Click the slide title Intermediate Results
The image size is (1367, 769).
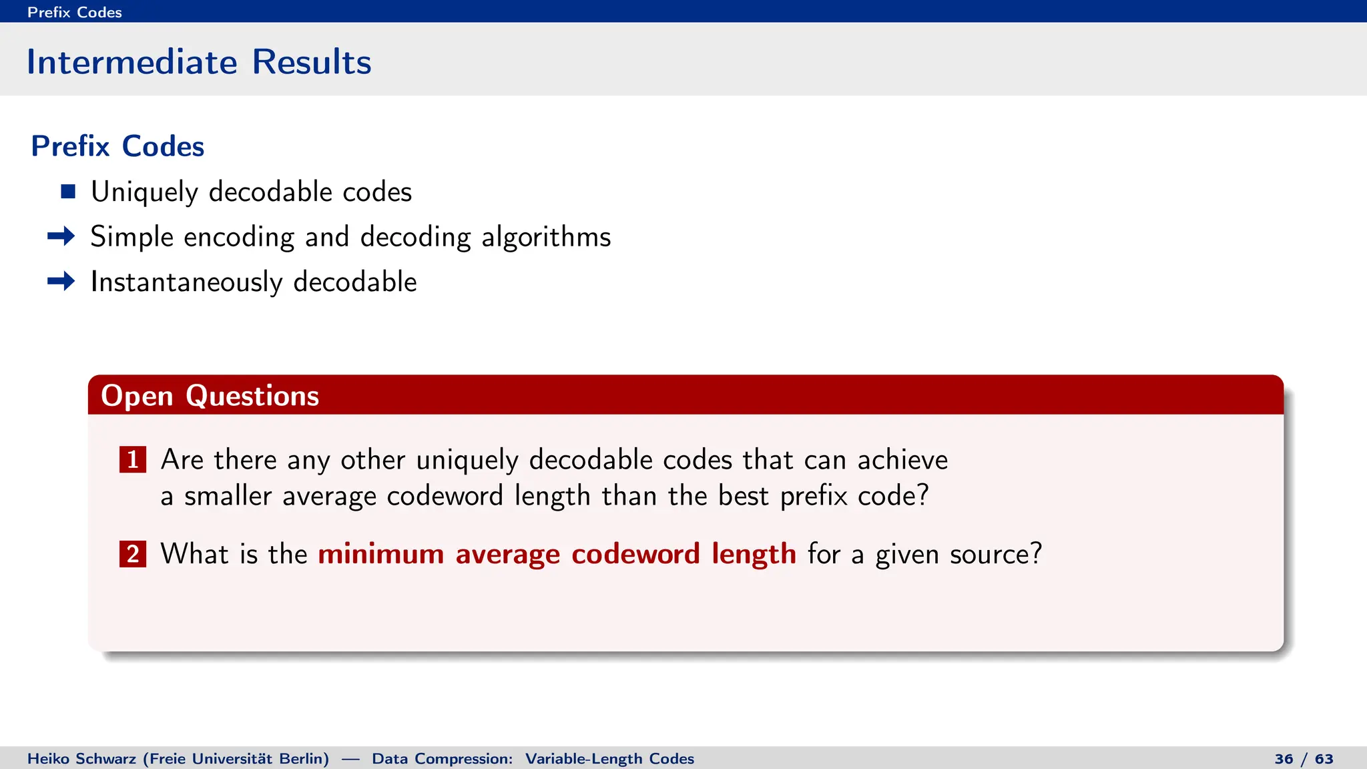point(198,62)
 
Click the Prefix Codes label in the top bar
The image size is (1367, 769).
point(74,12)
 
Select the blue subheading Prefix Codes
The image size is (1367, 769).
point(117,146)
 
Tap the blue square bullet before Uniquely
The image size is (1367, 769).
point(68,192)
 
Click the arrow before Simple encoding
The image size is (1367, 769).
point(61,236)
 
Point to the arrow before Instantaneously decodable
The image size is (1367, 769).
point(61,281)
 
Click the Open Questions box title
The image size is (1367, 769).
point(210,396)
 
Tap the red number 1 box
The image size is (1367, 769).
point(133,459)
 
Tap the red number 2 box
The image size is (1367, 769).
point(133,554)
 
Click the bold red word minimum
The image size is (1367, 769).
point(380,554)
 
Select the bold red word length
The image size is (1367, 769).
point(753,554)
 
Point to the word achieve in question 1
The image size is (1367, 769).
point(902,460)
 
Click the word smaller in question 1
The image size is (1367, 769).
point(228,496)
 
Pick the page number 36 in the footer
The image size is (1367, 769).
point(1284,759)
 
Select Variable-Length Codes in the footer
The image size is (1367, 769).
point(609,759)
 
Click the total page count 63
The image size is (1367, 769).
point(1324,759)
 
